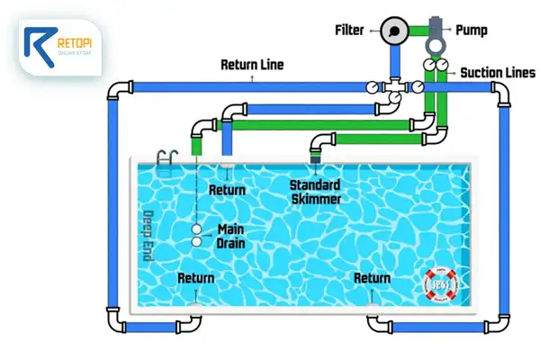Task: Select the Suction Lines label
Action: [498, 71]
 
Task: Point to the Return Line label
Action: [253, 66]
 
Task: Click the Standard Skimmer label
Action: [314, 192]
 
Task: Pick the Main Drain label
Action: [231, 236]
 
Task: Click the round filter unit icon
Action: [392, 31]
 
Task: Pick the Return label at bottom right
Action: [373, 278]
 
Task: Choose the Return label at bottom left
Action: [196, 278]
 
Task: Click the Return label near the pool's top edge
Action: [227, 190]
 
